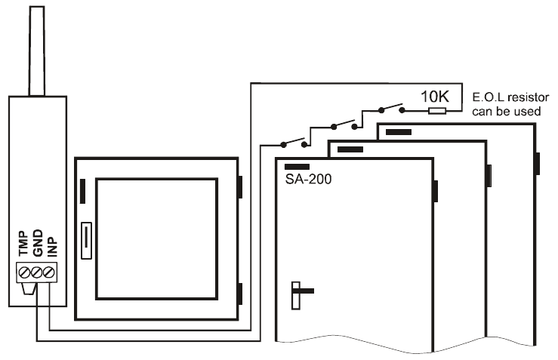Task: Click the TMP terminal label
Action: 23,243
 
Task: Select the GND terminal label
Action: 37,242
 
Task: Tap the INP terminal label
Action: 52,246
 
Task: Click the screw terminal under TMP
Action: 25,273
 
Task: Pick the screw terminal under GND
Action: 37,273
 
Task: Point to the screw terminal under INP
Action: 49,273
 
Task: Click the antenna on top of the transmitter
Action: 37,51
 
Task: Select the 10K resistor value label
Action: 435,97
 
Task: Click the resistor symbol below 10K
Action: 437,111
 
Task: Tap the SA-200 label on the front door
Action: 308,179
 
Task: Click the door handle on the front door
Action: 301,295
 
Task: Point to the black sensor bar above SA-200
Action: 297,167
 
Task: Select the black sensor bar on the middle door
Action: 350,149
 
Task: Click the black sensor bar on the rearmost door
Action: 399,132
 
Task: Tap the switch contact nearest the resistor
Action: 391,108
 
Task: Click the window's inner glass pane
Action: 156,238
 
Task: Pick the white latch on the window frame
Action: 87,241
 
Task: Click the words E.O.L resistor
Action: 510,97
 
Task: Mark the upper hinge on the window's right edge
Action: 240,186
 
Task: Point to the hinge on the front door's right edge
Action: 435,191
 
